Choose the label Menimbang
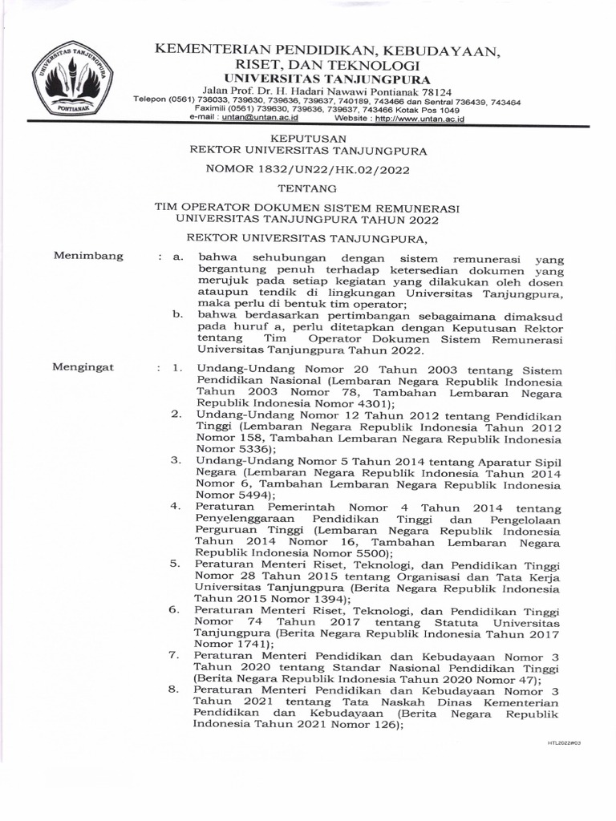click(x=88, y=257)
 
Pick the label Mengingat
click(x=84, y=367)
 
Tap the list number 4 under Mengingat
click(x=176, y=506)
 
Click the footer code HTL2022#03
click(x=564, y=743)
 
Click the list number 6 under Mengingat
click(x=174, y=609)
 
